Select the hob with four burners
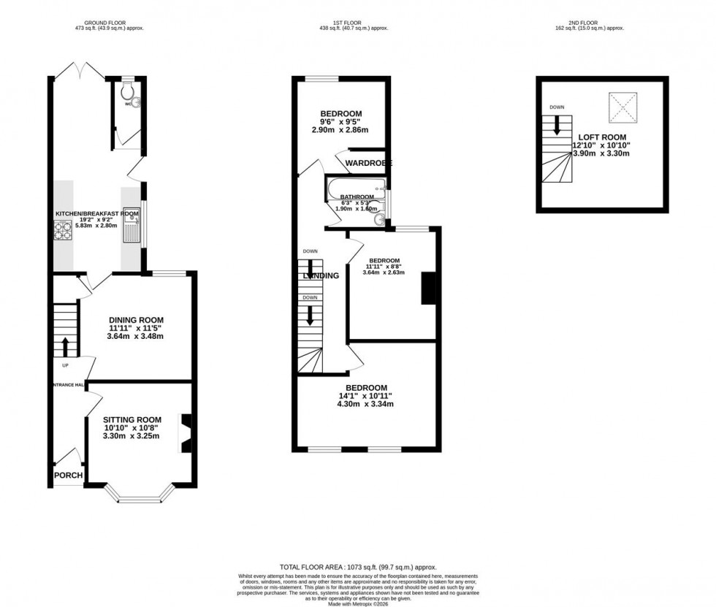click(x=61, y=230)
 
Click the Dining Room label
click(x=136, y=320)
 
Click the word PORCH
click(x=68, y=476)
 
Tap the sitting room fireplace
click(x=186, y=432)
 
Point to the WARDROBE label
click(x=369, y=162)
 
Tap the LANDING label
click(x=321, y=276)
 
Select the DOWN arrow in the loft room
click(x=557, y=126)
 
